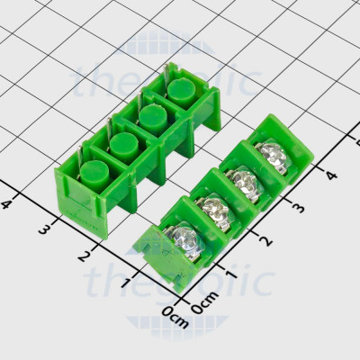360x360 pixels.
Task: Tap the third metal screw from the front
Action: (245, 184)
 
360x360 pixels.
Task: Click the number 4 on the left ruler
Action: (8, 204)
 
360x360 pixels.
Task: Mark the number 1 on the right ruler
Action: (233, 271)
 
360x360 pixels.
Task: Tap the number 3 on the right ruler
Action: (299, 208)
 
